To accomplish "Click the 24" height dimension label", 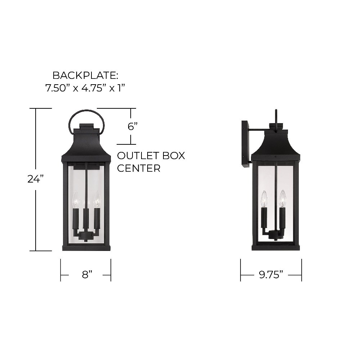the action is click(x=36, y=179).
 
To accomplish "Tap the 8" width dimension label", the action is click(x=87, y=275).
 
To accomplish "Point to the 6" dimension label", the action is click(x=132, y=126).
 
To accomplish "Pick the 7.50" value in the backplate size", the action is click(x=57, y=88).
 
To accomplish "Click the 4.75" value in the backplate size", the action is click(x=94, y=88).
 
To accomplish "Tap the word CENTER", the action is click(x=139, y=168).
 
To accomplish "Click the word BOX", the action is click(x=174, y=156).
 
